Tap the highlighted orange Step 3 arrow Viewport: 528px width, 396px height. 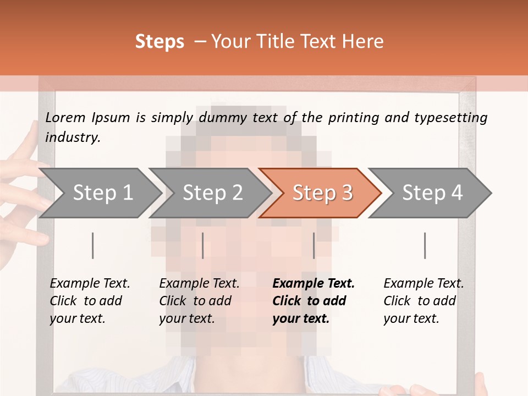pos(322,193)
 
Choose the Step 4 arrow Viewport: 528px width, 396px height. pos(432,193)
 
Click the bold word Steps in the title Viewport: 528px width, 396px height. pos(159,42)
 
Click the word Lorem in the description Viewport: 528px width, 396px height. pos(65,117)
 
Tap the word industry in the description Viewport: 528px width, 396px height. pos(73,137)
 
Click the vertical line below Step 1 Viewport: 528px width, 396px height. pos(92,245)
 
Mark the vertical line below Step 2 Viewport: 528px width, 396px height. pos(203,245)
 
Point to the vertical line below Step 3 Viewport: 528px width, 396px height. pos(314,245)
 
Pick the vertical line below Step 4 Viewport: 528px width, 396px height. pos(425,245)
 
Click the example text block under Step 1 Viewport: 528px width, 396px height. pos(90,301)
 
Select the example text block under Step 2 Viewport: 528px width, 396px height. pos(199,301)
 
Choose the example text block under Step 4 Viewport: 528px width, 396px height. pos(424,301)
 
